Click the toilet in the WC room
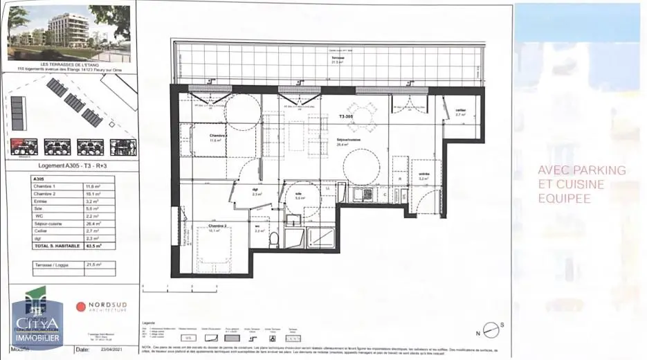coord(275,240)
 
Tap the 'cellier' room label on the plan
coord(460,111)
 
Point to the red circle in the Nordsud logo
coord(81,307)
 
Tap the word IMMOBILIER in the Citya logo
coord(38,337)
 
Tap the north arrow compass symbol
coord(491,329)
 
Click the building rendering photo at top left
coord(69,32)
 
